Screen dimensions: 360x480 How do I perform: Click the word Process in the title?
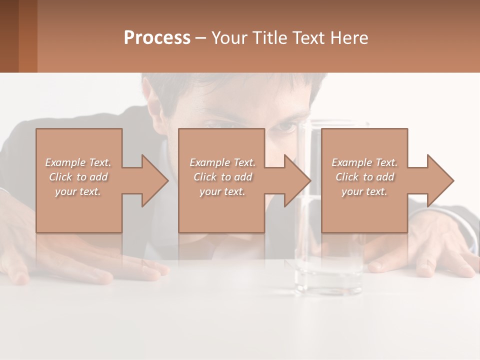157,38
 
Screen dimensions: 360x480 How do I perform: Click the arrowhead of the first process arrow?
154,180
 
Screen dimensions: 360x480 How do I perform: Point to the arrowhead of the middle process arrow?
297,180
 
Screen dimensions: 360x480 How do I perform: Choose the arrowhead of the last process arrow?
440,180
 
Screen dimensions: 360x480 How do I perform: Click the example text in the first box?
78,177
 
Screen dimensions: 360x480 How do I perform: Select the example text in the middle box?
222,177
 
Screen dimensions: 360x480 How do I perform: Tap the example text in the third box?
364,177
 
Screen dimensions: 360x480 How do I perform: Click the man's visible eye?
287,127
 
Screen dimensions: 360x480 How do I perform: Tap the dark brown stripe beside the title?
9,36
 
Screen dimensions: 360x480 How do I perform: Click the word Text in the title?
309,38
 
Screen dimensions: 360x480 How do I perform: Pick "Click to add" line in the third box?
364,177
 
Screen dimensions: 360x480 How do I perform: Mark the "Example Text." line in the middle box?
222,162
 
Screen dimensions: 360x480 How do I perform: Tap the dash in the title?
200,38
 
